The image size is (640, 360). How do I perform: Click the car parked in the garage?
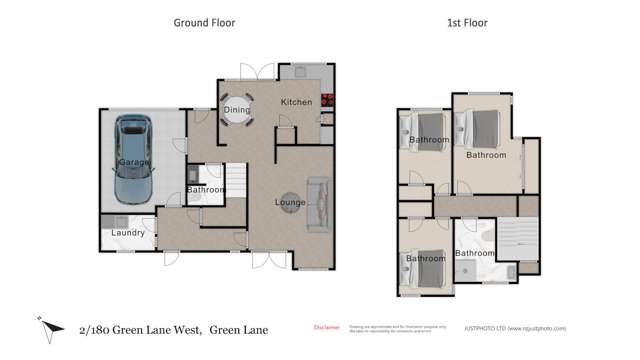132,159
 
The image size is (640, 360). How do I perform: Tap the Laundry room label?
128,233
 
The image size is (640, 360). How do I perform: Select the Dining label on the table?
237,110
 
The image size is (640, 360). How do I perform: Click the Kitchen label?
296,102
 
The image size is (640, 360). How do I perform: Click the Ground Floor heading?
205,21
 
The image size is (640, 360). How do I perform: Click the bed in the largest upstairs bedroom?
478,128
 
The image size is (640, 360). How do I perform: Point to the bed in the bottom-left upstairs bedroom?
414,268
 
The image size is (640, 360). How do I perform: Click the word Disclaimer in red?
327,327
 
